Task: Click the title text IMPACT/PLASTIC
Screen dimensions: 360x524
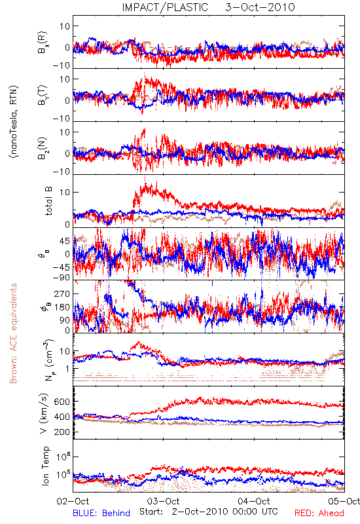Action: point(165,7)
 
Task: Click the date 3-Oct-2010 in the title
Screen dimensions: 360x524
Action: point(260,7)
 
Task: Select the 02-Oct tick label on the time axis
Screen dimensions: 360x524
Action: point(73,501)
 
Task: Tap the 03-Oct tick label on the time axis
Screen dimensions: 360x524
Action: point(164,501)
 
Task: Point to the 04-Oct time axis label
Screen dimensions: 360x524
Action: point(254,501)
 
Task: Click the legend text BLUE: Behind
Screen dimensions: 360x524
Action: point(101,513)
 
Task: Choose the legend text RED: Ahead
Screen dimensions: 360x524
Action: point(319,513)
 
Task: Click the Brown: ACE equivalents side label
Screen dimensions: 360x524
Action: point(13,333)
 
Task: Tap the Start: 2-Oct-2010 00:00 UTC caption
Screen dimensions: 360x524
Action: point(208,512)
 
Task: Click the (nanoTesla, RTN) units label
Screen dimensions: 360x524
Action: point(14,121)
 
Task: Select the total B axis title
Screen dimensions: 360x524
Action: point(48,201)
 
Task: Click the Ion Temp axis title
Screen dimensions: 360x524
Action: point(45,466)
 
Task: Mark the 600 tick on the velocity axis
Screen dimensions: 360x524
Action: point(62,402)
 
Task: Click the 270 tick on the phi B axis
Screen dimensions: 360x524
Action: point(62,293)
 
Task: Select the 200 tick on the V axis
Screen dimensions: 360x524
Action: point(62,432)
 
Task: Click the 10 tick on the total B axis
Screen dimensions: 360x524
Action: point(65,192)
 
